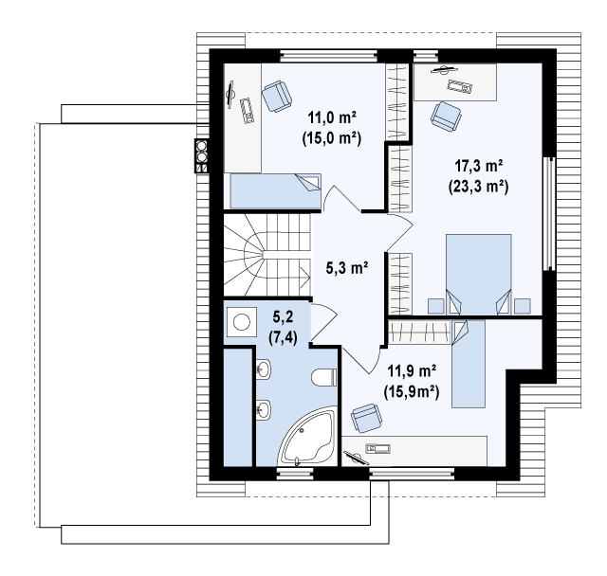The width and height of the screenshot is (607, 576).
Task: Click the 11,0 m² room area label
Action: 332,117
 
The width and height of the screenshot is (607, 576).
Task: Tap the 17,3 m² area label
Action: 478,166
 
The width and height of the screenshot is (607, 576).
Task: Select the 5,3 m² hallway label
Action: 347,267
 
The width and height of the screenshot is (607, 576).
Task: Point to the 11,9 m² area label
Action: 412,371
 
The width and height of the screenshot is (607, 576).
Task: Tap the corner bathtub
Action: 307,438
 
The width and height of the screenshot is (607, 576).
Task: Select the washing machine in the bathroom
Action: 242,322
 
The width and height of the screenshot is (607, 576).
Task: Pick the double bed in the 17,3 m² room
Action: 478,275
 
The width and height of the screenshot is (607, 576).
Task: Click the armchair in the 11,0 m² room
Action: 276,97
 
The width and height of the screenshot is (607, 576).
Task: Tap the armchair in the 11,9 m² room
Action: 366,419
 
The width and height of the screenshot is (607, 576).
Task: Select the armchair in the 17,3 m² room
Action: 446,117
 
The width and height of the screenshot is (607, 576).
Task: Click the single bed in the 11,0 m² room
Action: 276,191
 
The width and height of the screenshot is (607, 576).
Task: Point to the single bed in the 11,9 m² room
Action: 469,364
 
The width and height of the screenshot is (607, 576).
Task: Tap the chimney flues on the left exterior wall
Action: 202,155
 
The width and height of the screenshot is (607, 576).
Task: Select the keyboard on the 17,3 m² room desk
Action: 460,86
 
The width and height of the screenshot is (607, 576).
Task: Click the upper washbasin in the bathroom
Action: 264,368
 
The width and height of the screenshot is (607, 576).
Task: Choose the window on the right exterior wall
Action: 548,214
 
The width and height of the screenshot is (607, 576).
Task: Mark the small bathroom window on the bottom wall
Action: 295,473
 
